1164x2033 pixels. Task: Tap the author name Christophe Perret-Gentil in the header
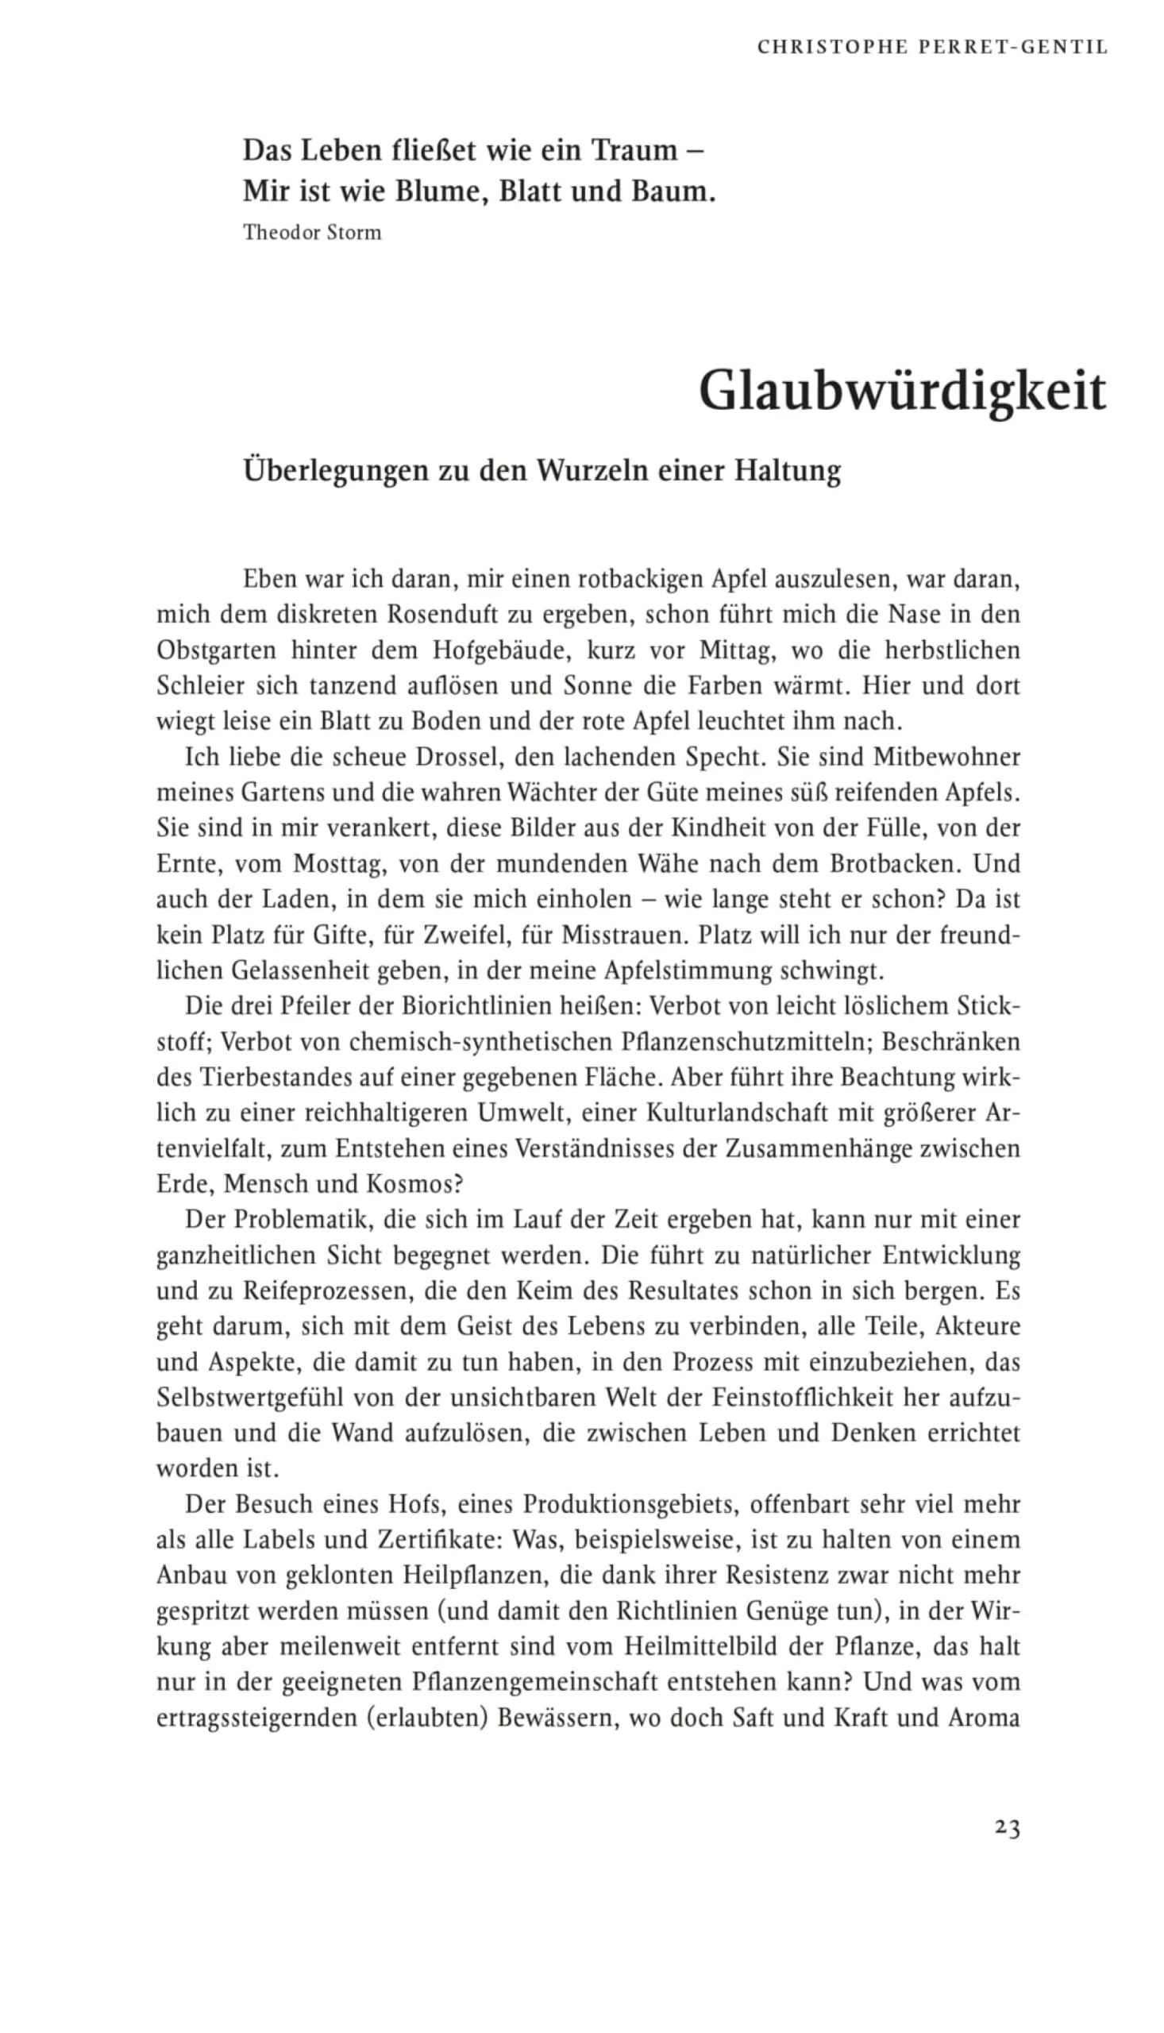coord(932,47)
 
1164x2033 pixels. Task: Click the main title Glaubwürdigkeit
coord(903,391)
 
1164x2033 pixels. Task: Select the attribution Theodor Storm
coord(312,233)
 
